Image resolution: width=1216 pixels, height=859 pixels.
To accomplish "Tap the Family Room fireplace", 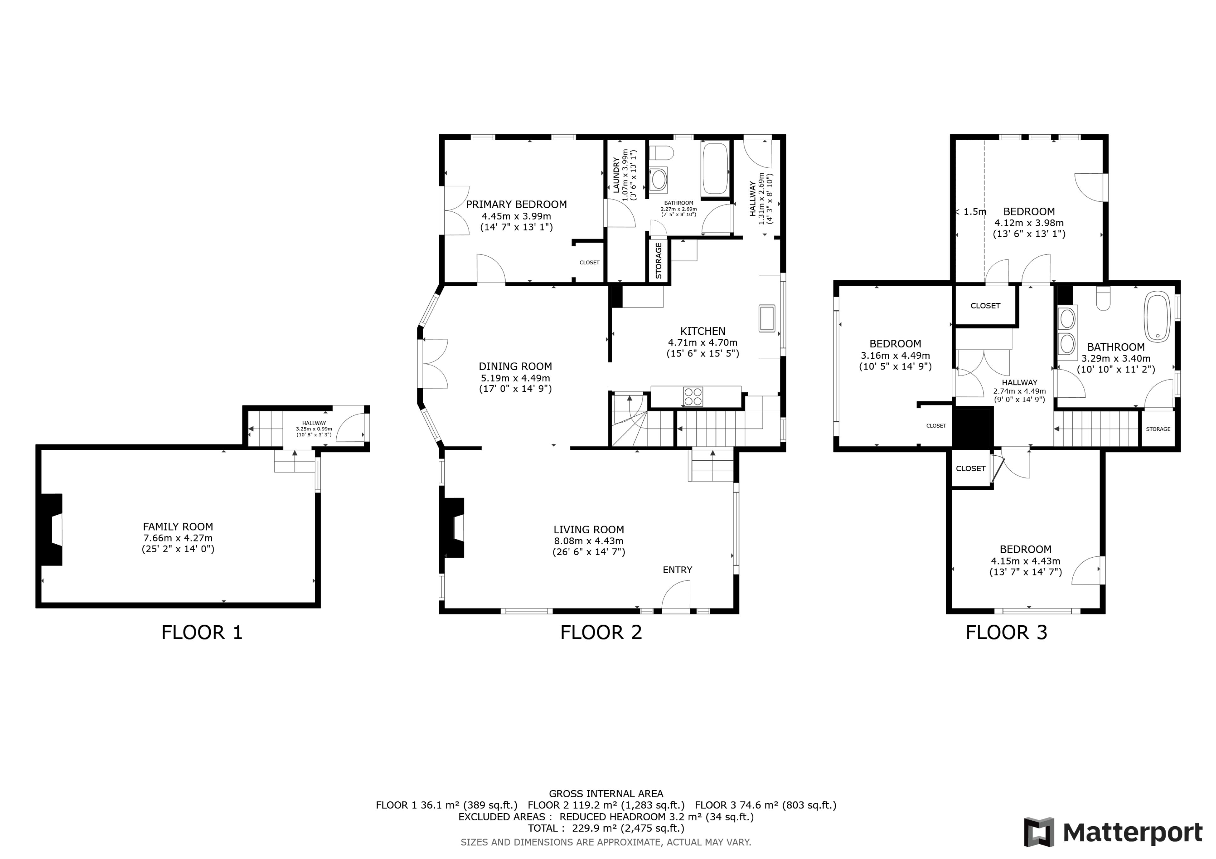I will [x=52, y=529].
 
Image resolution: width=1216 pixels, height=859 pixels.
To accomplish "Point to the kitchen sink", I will [x=767, y=318].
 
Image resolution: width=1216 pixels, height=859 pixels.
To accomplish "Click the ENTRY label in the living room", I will [x=677, y=570].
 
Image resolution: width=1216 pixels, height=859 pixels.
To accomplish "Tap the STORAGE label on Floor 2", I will [x=658, y=261].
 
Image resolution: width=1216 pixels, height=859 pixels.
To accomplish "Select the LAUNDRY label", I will [x=616, y=175].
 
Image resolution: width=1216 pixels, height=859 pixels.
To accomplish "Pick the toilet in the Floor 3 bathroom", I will [x=1103, y=299].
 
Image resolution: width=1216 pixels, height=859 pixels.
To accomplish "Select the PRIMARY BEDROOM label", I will [x=517, y=204].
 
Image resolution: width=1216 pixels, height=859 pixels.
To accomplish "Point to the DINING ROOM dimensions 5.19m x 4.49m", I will [x=515, y=378].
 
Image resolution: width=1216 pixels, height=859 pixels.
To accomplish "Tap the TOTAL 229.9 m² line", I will [x=606, y=828].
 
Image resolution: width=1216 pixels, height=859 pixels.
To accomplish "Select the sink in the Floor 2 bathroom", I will [x=658, y=180].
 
